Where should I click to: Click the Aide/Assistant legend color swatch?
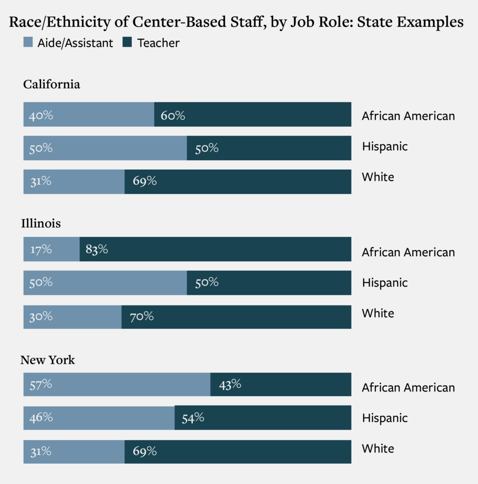(28, 43)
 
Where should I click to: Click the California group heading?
(52, 84)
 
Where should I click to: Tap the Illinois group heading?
(41, 223)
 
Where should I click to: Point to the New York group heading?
(47, 360)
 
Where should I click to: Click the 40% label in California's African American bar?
(41, 115)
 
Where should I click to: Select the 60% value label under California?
(173, 115)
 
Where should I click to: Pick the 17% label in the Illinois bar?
(40, 249)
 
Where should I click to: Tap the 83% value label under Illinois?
(97, 249)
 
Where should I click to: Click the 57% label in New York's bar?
(41, 384)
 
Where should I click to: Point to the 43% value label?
(230, 384)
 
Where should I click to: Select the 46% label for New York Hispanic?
(41, 417)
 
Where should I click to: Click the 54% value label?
(192, 417)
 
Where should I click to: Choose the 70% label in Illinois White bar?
(141, 316)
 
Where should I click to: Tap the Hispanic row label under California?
(384, 147)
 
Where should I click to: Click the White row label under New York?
(378, 448)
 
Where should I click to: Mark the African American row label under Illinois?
(408, 252)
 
